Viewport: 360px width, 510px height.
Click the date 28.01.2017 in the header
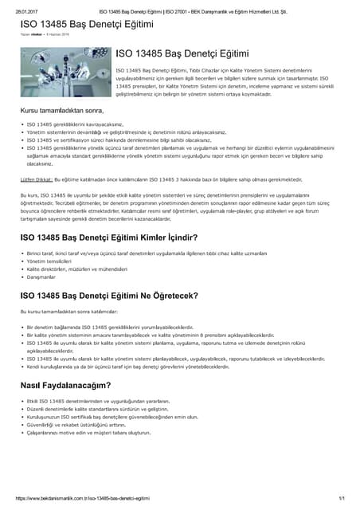pos(26,11)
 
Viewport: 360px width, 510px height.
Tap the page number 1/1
pos(341,498)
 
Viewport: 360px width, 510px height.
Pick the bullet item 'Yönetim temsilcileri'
pos(48,261)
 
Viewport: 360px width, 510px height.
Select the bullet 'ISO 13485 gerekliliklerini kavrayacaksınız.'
pos(75,125)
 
